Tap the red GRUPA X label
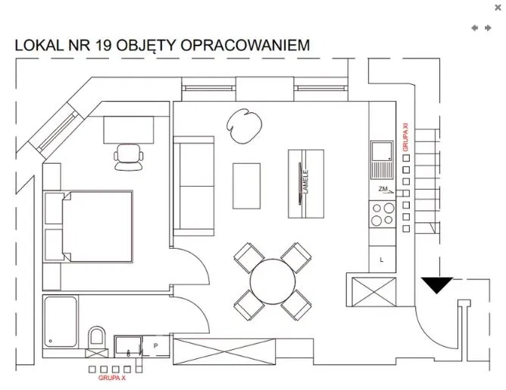coord(111,378)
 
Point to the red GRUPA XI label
coord(405,137)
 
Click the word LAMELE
coord(305,182)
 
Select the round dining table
coord(273,281)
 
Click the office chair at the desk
coord(129,157)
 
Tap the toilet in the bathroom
coord(97,338)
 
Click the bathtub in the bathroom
coord(61,322)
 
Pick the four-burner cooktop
coord(383,214)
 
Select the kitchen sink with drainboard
coord(382,160)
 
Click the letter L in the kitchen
coord(382,259)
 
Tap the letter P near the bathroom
coord(155,346)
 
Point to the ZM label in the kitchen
coord(383,189)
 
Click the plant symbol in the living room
coord(244,126)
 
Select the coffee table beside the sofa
coord(246,186)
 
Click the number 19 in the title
coord(103,46)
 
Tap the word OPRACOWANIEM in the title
coord(245,46)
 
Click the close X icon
coord(498,8)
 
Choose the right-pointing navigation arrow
coord(488,28)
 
